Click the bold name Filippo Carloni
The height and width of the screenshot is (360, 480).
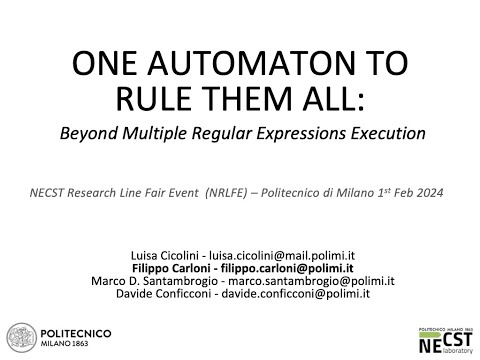(167, 258)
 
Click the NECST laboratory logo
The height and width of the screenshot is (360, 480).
(444, 337)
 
